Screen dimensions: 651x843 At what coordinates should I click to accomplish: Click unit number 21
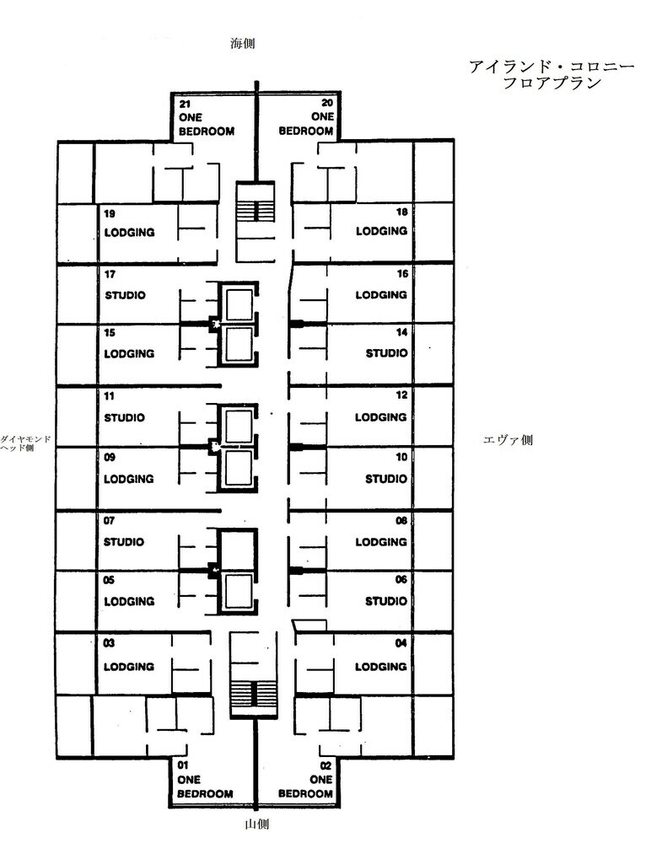185,104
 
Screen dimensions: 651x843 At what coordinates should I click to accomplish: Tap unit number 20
327,103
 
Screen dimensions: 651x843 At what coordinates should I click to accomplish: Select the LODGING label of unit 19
130,233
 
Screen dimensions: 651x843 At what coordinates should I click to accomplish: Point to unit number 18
401,212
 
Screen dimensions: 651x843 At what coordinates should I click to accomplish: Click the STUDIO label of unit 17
126,295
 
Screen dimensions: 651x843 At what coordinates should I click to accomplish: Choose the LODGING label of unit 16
381,294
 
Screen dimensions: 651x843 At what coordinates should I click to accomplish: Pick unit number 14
401,332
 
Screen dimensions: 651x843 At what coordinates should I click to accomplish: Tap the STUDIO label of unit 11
124,418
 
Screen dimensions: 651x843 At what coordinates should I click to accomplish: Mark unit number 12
401,395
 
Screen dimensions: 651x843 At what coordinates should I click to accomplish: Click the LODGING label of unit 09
129,479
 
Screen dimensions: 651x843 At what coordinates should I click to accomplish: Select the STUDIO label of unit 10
386,479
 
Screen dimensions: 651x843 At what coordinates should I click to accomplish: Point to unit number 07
110,520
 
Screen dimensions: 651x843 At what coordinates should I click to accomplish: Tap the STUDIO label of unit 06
386,601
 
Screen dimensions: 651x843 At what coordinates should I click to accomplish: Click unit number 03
109,643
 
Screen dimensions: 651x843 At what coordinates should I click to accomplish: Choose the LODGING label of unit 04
381,667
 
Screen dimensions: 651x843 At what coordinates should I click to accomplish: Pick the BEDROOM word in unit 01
205,793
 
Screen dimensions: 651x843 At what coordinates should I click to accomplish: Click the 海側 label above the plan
242,44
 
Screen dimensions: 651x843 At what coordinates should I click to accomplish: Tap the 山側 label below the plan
256,824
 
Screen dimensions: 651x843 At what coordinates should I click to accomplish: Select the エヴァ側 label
508,440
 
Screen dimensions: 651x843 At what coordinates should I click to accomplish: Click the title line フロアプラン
551,83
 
